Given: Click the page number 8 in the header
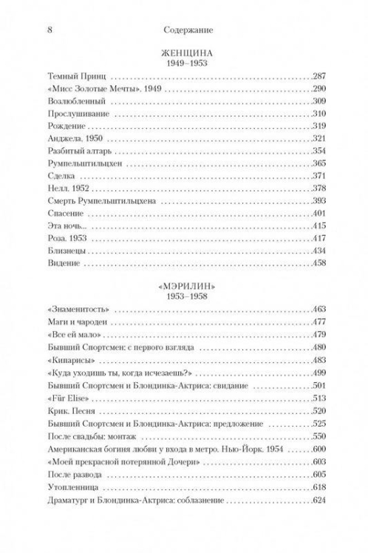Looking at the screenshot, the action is pos(47,32).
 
